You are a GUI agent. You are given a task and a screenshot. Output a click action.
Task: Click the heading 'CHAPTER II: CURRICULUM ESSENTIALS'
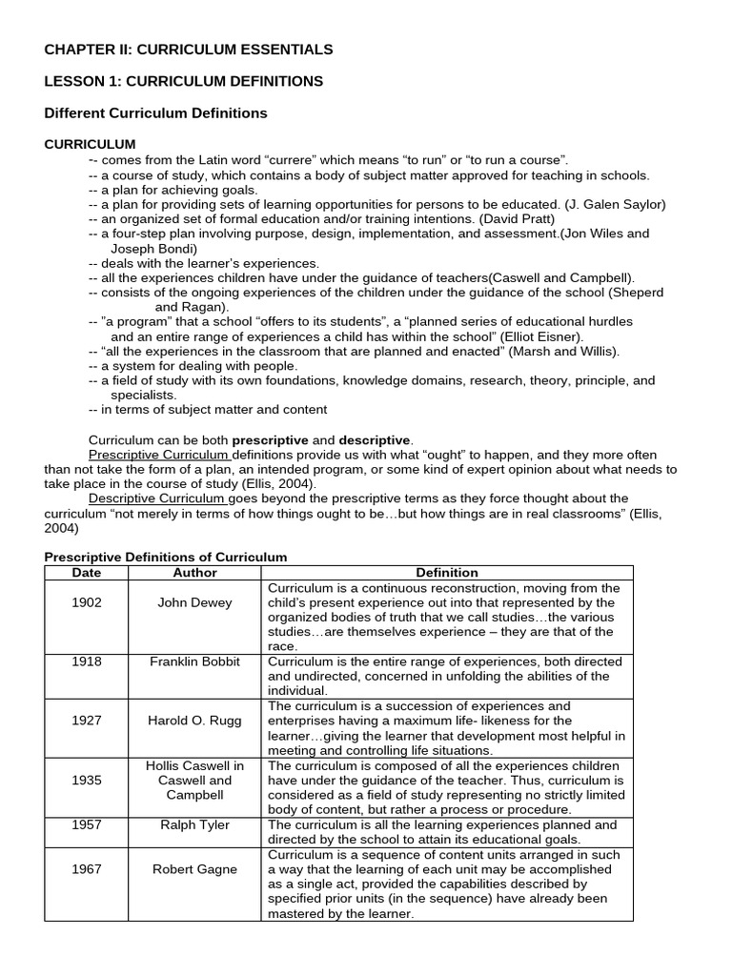coord(189,49)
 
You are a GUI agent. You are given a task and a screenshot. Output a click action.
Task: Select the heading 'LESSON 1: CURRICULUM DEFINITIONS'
coord(184,81)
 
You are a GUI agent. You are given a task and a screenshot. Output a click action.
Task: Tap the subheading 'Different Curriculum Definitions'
coord(156,113)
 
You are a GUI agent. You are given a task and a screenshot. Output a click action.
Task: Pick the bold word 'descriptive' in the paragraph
coord(375,440)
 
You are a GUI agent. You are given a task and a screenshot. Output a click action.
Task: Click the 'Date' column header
coord(86,573)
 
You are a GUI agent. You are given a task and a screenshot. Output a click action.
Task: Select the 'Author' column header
coord(194,573)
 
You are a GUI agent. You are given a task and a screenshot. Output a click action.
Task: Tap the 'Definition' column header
coord(447,573)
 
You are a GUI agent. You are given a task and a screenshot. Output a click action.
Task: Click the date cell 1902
coord(86,602)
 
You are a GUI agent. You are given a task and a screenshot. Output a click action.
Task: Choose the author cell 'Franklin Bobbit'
coord(194,661)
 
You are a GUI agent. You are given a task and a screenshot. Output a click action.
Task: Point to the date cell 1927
coord(86,721)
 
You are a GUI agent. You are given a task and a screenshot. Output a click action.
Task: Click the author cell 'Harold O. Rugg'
coord(194,721)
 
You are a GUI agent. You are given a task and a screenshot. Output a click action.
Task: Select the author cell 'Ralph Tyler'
coord(194,824)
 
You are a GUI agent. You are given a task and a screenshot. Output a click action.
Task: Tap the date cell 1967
coord(86,868)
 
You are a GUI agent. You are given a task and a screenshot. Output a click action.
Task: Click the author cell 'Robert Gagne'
coord(194,868)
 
